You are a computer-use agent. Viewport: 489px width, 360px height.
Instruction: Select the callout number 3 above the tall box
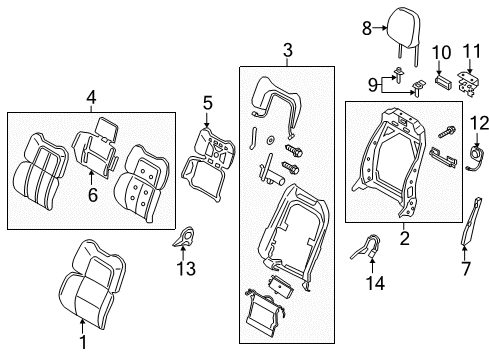[287, 51]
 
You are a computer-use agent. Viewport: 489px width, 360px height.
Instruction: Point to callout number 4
[91, 98]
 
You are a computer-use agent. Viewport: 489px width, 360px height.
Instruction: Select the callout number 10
[438, 51]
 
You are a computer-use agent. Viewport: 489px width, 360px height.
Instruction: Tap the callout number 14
[372, 285]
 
